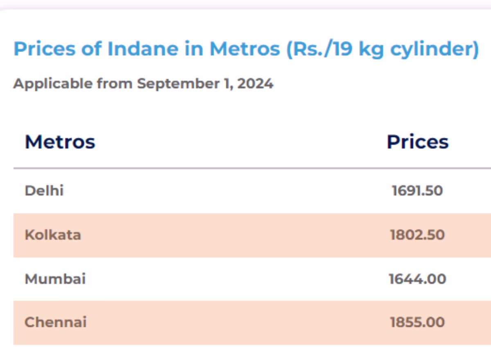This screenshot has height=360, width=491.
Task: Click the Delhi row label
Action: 44,191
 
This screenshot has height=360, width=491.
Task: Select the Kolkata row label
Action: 53,235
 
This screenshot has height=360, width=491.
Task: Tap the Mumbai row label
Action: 55,279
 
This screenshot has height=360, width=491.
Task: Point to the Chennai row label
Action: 56,322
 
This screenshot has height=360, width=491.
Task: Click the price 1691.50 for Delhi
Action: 417,191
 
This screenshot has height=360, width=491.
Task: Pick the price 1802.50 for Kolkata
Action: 417,235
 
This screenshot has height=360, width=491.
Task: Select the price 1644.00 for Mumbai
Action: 417,279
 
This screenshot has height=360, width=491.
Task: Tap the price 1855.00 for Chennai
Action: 417,322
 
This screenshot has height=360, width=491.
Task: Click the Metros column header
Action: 60,142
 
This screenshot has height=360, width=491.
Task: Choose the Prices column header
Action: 418,142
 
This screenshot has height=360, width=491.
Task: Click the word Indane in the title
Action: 143,49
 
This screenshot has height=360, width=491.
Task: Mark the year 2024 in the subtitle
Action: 255,84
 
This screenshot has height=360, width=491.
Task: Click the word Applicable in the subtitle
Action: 53,84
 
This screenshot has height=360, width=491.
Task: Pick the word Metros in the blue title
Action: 245,49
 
